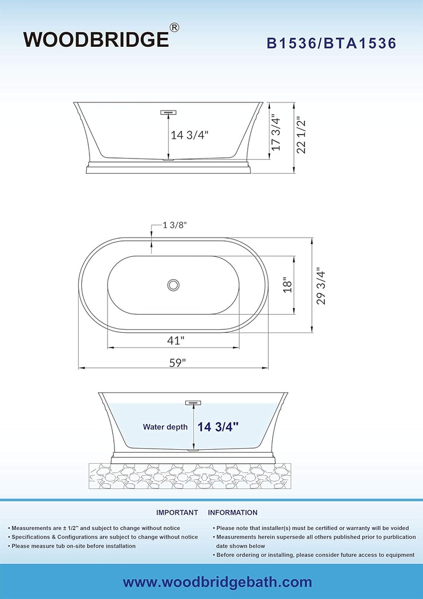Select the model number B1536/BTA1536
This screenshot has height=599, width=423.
pyautogui.click(x=332, y=43)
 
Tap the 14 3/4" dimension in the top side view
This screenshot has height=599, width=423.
pyautogui.click(x=189, y=135)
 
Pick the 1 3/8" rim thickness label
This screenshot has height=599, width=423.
pyautogui.click(x=175, y=225)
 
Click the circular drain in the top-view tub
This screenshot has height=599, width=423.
pyautogui.click(x=173, y=285)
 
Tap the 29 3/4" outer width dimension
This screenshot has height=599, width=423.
pyautogui.click(x=320, y=286)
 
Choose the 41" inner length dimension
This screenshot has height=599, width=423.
pyautogui.click(x=174, y=339)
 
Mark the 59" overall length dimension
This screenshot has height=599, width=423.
pyautogui.click(x=174, y=362)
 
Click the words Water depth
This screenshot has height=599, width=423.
pyautogui.click(x=165, y=427)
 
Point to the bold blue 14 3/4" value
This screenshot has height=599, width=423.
pyautogui.click(x=219, y=427)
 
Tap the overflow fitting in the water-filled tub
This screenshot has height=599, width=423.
pyautogui.click(x=193, y=402)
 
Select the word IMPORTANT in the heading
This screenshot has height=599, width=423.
pyautogui.click(x=177, y=512)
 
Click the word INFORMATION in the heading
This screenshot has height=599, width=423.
pyautogui.click(x=233, y=512)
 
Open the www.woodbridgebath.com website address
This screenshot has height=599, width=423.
pyautogui.click(x=217, y=582)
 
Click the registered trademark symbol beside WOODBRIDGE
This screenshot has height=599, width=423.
pyautogui.click(x=174, y=27)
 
